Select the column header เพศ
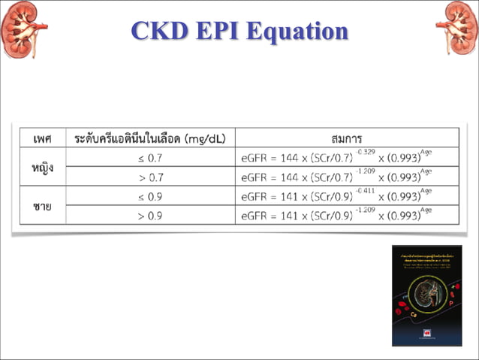coord(42,138)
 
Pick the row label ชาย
coord(42,206)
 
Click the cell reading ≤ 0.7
coord(151,158)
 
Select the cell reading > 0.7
coord(151,177)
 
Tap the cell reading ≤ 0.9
coord(151,197)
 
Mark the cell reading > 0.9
coord(151,216)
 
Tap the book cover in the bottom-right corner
coord(426,295)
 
